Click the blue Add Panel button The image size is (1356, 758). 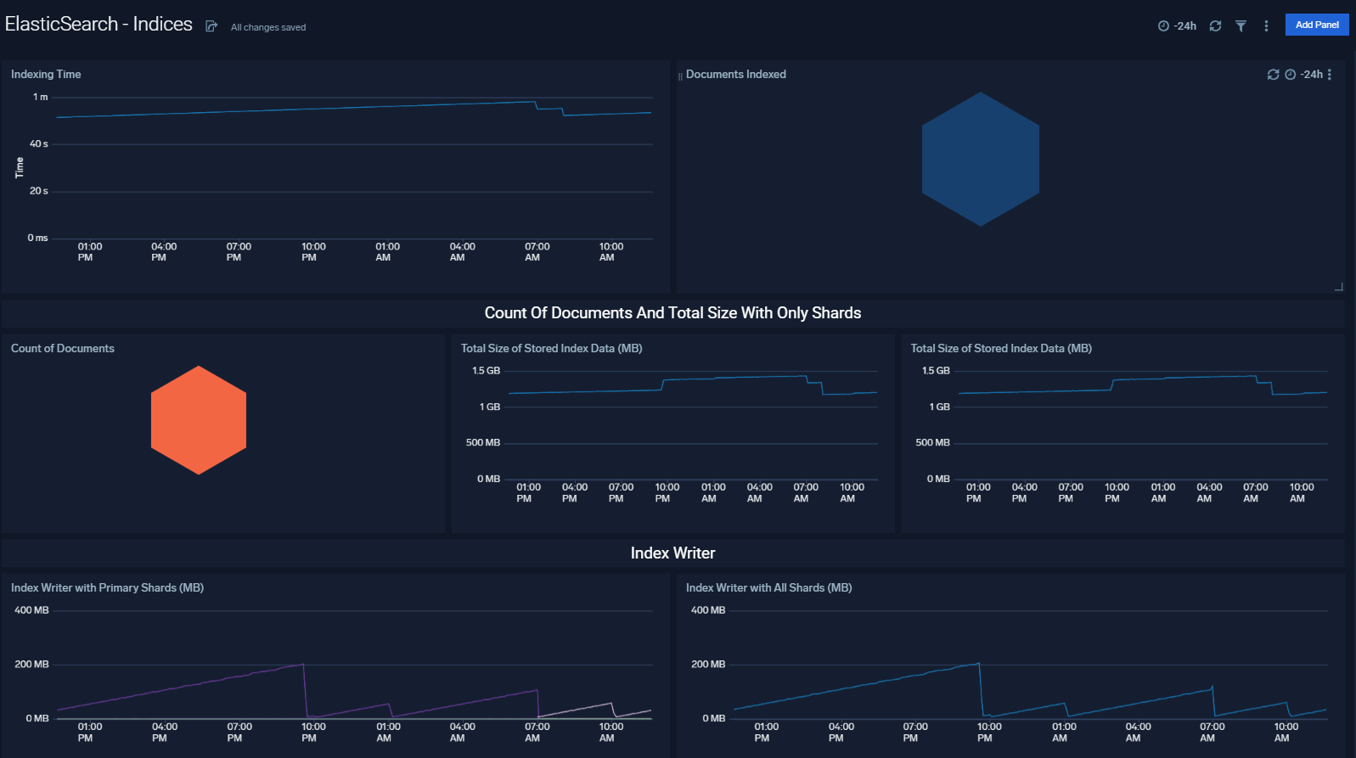(x=1316, y=25)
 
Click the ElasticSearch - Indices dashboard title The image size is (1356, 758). (x=98, y=24)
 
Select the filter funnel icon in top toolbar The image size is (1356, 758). (x=1241, y=26)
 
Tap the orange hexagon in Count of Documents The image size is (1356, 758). (x=199, y=420)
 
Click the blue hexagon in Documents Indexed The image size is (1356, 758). (x=980, y=160)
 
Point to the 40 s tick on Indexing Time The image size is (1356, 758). (x=39, y=144)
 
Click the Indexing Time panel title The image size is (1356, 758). (x=46, y=75)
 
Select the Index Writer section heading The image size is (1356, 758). (x=672, y=553)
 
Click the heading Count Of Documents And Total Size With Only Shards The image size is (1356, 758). (x=672, y=313)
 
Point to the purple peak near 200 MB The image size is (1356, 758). (x=303, y=665)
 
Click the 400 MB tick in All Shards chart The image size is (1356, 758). (x=708, y=610)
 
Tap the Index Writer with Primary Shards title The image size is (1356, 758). (x=107, y=588)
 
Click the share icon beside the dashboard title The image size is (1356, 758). (x=211, y=26)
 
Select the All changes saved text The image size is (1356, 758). (x=268, y=27)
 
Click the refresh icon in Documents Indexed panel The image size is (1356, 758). (x=1273, y=75)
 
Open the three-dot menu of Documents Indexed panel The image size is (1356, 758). (x=1329, y=75)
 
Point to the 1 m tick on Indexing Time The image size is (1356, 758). (x=40, y=98)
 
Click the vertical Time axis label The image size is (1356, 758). (x=20, y=167)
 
